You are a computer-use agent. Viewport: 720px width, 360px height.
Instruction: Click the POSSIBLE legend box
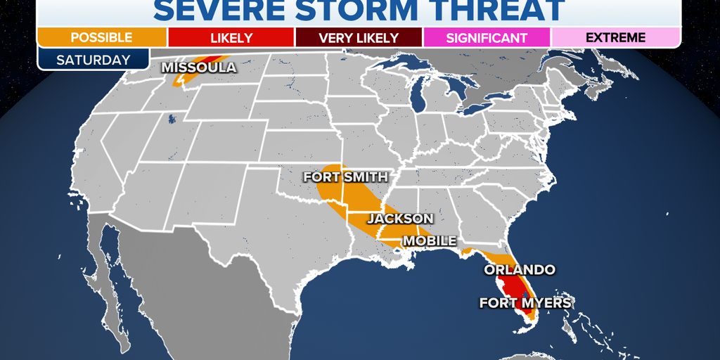pos(101,37)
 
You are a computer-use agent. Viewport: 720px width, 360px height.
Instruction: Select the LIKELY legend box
pos(231,37)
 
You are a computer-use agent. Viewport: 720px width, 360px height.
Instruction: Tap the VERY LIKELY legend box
pos(359,37)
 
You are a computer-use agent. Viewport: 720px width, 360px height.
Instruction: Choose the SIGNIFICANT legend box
pos(487,37)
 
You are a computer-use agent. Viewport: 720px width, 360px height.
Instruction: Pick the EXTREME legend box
pos(615,37)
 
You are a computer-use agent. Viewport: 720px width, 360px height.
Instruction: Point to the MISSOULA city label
pos(199,68)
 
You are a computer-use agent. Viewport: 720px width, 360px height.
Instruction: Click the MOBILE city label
pos(429,241)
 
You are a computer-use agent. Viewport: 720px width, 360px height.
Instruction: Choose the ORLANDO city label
pos(520,269)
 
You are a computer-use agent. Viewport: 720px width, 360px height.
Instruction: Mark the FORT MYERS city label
pos(525,303)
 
